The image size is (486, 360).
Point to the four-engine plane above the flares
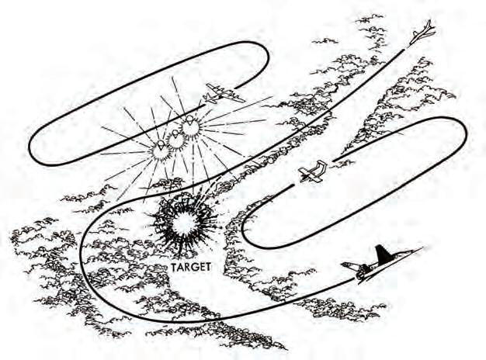[223, 95]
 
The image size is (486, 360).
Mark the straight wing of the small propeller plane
[310, 171]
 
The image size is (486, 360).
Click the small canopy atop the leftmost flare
[159, 142]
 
